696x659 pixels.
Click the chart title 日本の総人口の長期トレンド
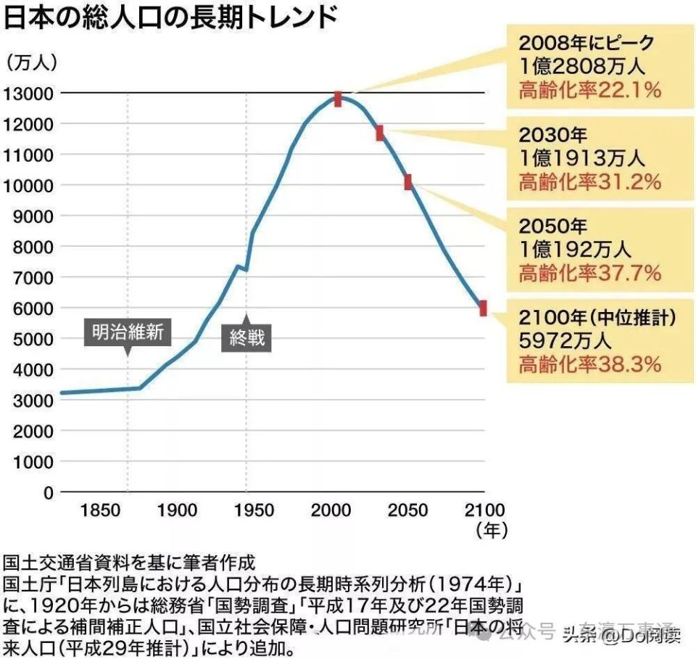tap(171, 18)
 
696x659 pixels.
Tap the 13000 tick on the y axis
tap(29, 94)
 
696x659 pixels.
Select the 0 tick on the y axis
tap(48, 492)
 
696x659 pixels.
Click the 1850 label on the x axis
tap(101, 511)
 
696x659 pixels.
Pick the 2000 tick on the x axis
tap(331, 511)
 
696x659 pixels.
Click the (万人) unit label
tap(32, 62)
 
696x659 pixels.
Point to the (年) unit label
tap(491, 531)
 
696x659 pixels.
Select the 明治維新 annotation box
tap(128, 332)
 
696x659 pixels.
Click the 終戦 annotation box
tap(246, 338)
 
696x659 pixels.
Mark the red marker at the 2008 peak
tap(338, 99)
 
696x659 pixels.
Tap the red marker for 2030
tap(379, 133)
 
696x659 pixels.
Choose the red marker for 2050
tap(407, 182)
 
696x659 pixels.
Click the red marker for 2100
tap(483, 308)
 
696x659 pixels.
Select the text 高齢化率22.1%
tap(589, 90)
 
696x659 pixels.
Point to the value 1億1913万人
tap(582, 158)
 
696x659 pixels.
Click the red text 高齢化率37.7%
tap(589, 273)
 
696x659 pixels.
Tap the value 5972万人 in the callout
tap(566, 340)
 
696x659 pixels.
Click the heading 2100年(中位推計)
tap(597, 317)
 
